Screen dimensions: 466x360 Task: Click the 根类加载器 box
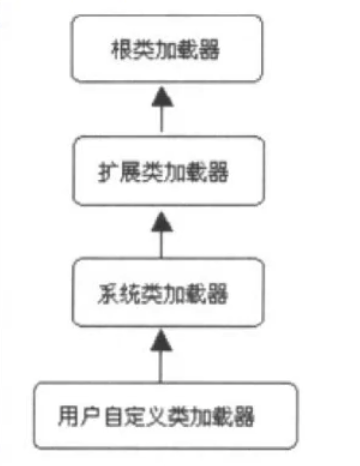click(162, 48)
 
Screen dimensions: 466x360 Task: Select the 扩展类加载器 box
click(162, 171)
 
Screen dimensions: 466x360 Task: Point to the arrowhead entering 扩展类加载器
click(161, 217)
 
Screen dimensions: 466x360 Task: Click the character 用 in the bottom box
click(69, 412)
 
